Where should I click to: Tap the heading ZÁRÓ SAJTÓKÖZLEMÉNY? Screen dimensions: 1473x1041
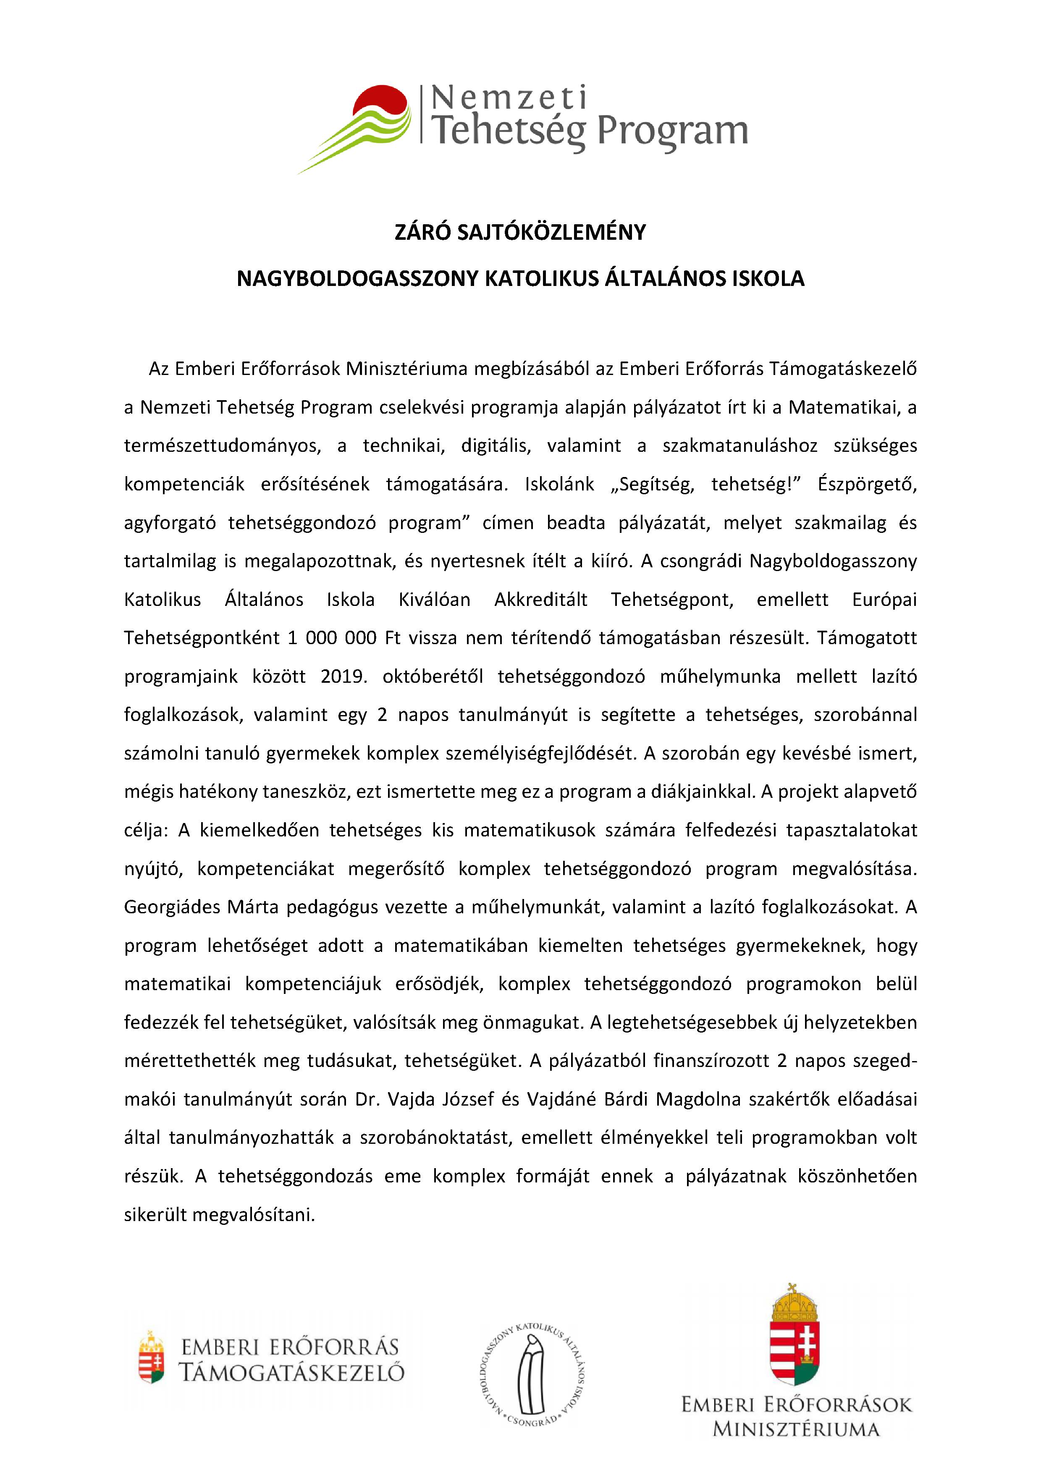click(x=520, y=232)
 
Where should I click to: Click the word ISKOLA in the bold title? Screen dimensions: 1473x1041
click(x=768, y=278)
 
